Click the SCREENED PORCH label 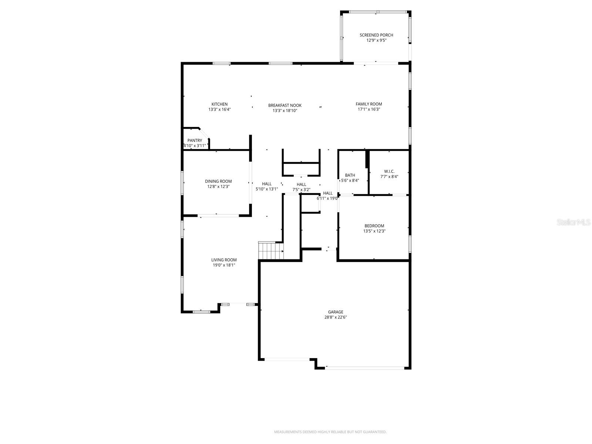point(376,35)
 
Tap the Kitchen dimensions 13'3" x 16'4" point(219,110)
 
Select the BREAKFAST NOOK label point(285,105)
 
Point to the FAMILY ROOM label point(369,104)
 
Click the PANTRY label point(195,141)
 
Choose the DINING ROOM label point(218,181)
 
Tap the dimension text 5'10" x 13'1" point(267,189)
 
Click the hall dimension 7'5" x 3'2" point(301,190)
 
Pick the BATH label point(350,175)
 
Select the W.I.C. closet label point(389,171)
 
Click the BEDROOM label point(374,226)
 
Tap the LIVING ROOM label point(224,260)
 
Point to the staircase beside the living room point(270,251)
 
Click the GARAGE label point(335,312)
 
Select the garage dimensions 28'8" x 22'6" point(335,317)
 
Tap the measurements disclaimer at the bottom point(330,432)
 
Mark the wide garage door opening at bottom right point(365,368)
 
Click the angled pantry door point(204,134)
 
